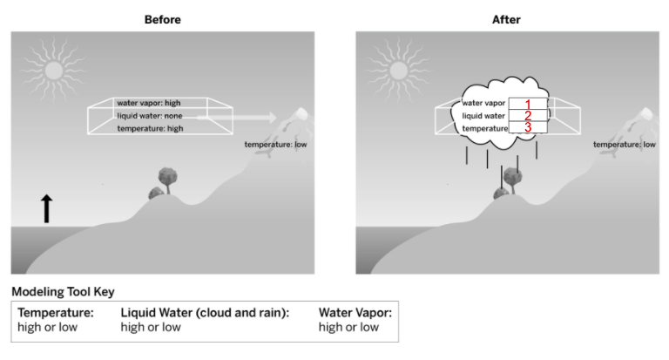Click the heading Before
coord(162,19)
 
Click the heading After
coord(506,19)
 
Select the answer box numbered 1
coord(527,104)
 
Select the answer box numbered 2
coord(527,116)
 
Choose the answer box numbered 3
coord(527,127)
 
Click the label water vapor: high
coord(149,104)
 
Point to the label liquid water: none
coord(149,116)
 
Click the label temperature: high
coord(150,128)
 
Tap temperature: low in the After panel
coord(624,145)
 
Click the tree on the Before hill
coord(166,180)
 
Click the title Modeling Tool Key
coord(62,292)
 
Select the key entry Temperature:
coord(55,313)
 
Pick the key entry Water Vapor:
coord(355,313)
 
